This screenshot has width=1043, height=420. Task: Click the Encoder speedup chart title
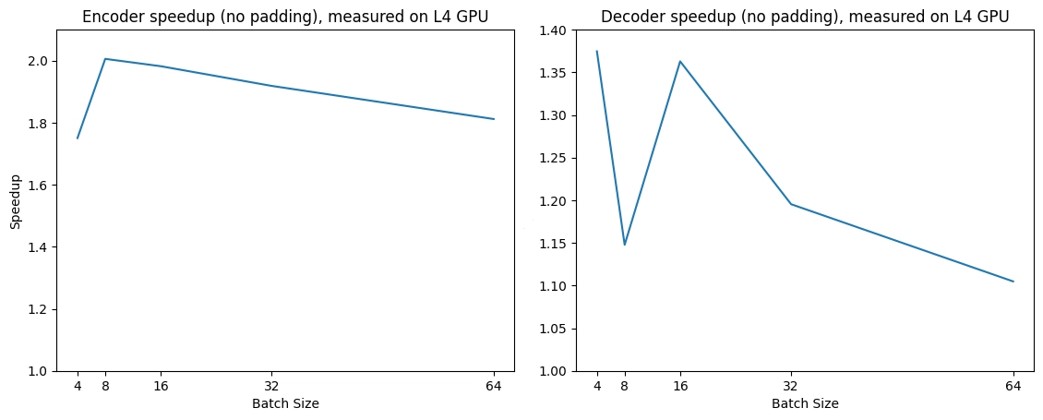(x=285, y=16)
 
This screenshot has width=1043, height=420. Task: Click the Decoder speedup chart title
(x=805, y=16)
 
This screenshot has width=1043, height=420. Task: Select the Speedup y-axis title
(x=16, y=200)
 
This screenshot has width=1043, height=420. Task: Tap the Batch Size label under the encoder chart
(x=285, y=403)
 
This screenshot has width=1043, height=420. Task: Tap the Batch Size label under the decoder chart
(x=805, y=403)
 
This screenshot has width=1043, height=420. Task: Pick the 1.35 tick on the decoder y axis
(x=552, y=73)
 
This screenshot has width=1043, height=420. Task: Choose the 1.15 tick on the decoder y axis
(x=552, y=244)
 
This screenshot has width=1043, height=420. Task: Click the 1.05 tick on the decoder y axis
(x=552, y=329)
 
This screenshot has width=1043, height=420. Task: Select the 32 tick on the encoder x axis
(x=271, y=386)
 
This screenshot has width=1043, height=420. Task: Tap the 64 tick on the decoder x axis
(x=1013, y=386)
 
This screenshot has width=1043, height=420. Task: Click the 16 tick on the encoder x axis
(x=161, y=386)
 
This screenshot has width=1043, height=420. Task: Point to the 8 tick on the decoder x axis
(x=625, y=386)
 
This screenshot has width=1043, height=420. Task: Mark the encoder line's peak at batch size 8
(x=105, y=59)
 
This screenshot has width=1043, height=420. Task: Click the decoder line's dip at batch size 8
(x=625, y=245)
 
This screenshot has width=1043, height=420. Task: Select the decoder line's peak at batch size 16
(x=680, y=62)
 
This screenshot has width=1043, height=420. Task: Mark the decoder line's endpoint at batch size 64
(x=1013, y=282)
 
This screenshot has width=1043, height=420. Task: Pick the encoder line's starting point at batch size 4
(x=78, y=138)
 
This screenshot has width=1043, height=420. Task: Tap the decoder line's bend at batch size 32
(x=791, y=204)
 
